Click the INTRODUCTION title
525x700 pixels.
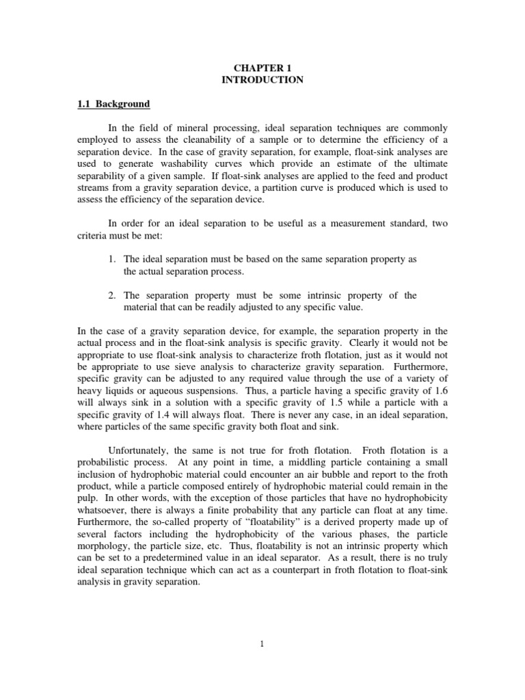tap(262, 80)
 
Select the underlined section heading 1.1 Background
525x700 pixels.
tap(113, 105)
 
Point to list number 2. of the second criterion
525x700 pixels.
tap(113, 295)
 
